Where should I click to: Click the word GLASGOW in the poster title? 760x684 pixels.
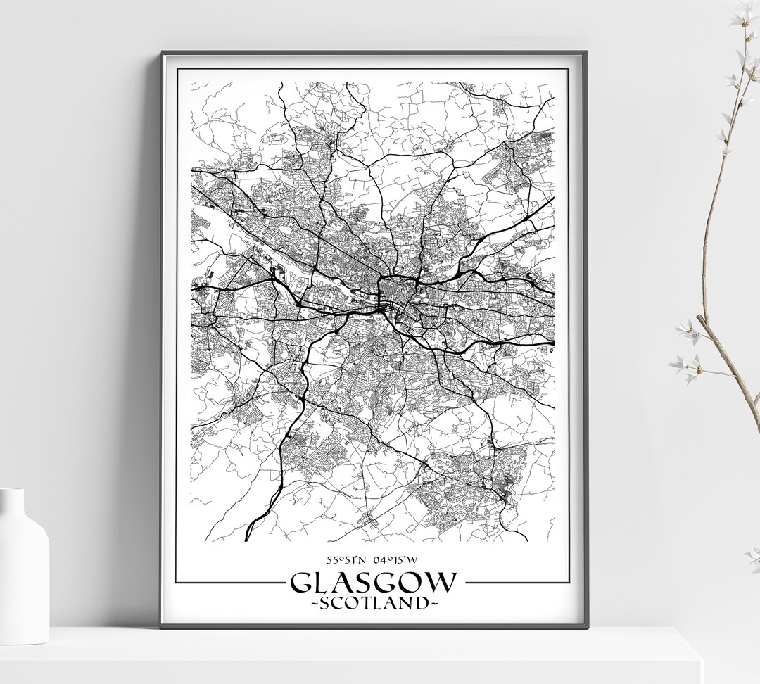[374, 583]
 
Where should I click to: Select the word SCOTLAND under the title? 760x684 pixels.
[374, 603]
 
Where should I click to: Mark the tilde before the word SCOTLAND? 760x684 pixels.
[315, 604]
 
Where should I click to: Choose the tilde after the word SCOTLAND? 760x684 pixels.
[433, 604]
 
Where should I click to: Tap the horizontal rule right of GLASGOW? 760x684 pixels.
[516, 583]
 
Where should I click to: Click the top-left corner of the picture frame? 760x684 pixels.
[163, 53]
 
